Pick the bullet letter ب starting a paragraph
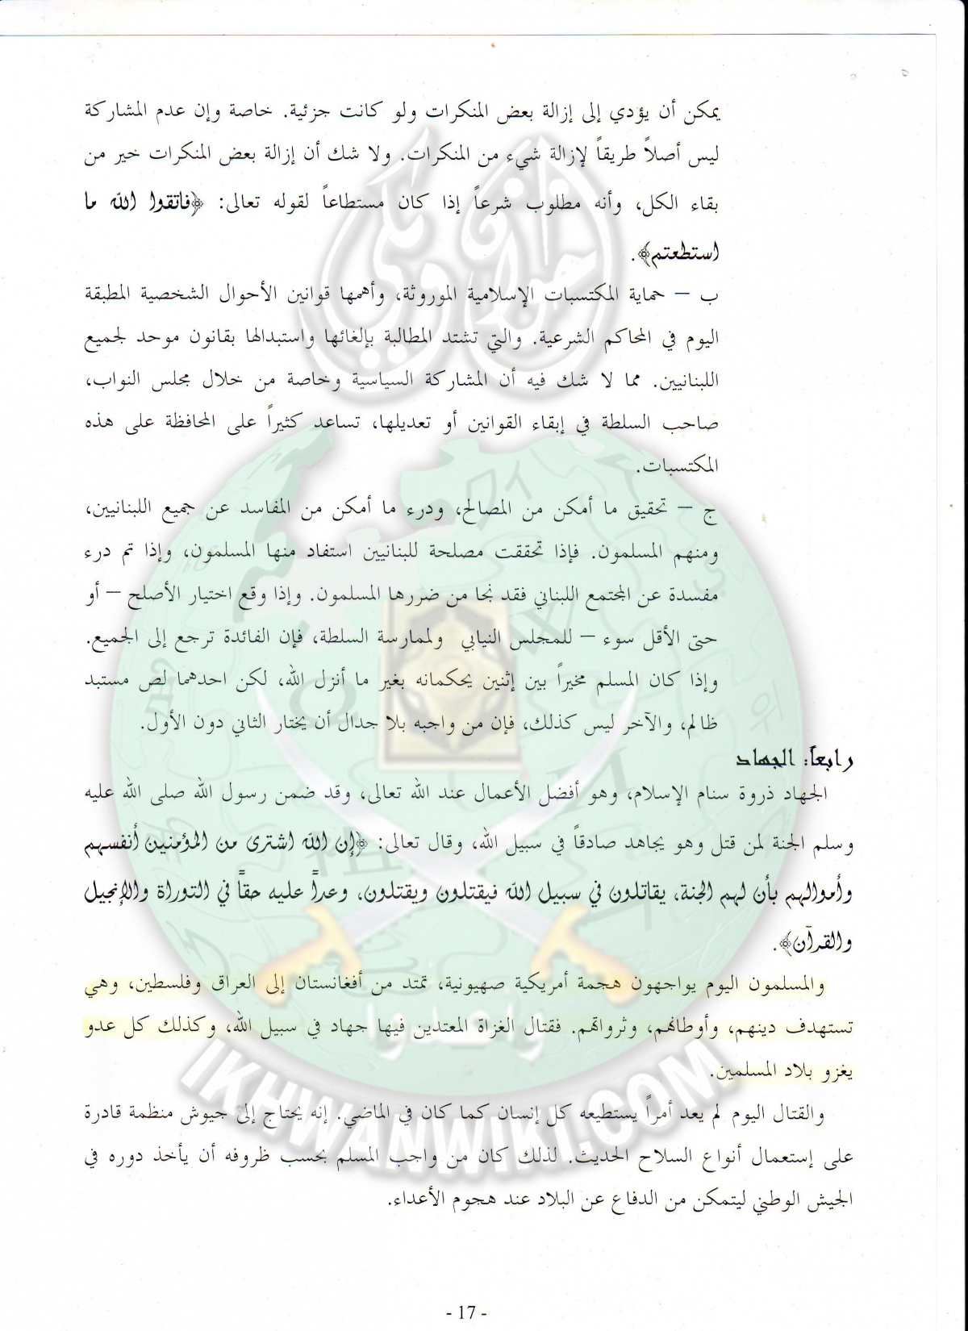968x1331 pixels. click(x=711, y=294)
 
